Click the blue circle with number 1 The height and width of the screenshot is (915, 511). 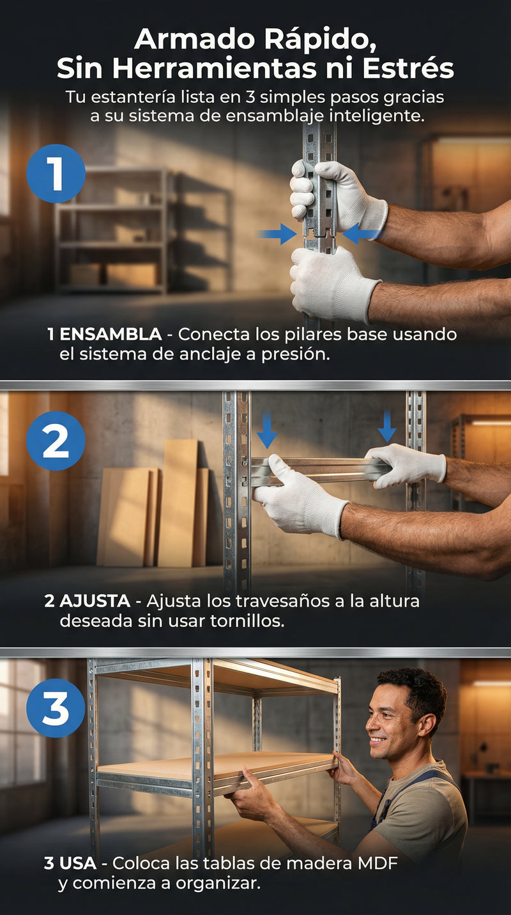(56, 174)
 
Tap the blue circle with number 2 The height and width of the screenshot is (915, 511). (56, 441)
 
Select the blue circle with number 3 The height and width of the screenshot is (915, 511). (56, 708)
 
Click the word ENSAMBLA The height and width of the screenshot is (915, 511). (111, 335)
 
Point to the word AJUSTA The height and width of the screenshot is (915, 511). (95, 601)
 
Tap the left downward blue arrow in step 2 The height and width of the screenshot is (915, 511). (267, 430)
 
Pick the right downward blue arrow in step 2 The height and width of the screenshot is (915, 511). (387, 426)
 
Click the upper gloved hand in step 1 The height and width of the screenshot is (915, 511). (338, 195)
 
